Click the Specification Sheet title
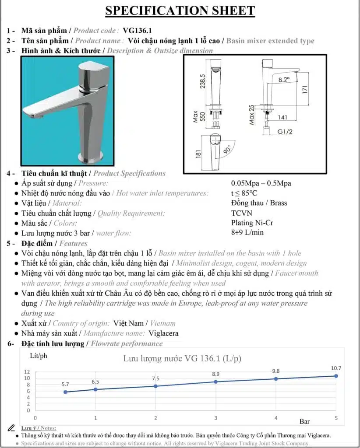click(x=180, y=10)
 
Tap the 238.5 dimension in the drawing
click(x=202, y=77)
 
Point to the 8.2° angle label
click(x=284, y=80)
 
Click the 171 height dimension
click(x=318, y=89)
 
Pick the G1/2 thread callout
click(x=286, y=131)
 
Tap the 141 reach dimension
click(x=283, y=117)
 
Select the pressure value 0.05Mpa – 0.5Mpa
click(x=261, y=183)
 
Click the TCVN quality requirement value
click(x=241, y=213)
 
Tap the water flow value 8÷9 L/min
click(x=247, y=233)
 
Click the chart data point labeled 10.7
click(x=336, y=376)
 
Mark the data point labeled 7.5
click(x=155, y=386)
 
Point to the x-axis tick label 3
click(x=215, y=418)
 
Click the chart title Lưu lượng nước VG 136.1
click(x=182, y=359)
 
